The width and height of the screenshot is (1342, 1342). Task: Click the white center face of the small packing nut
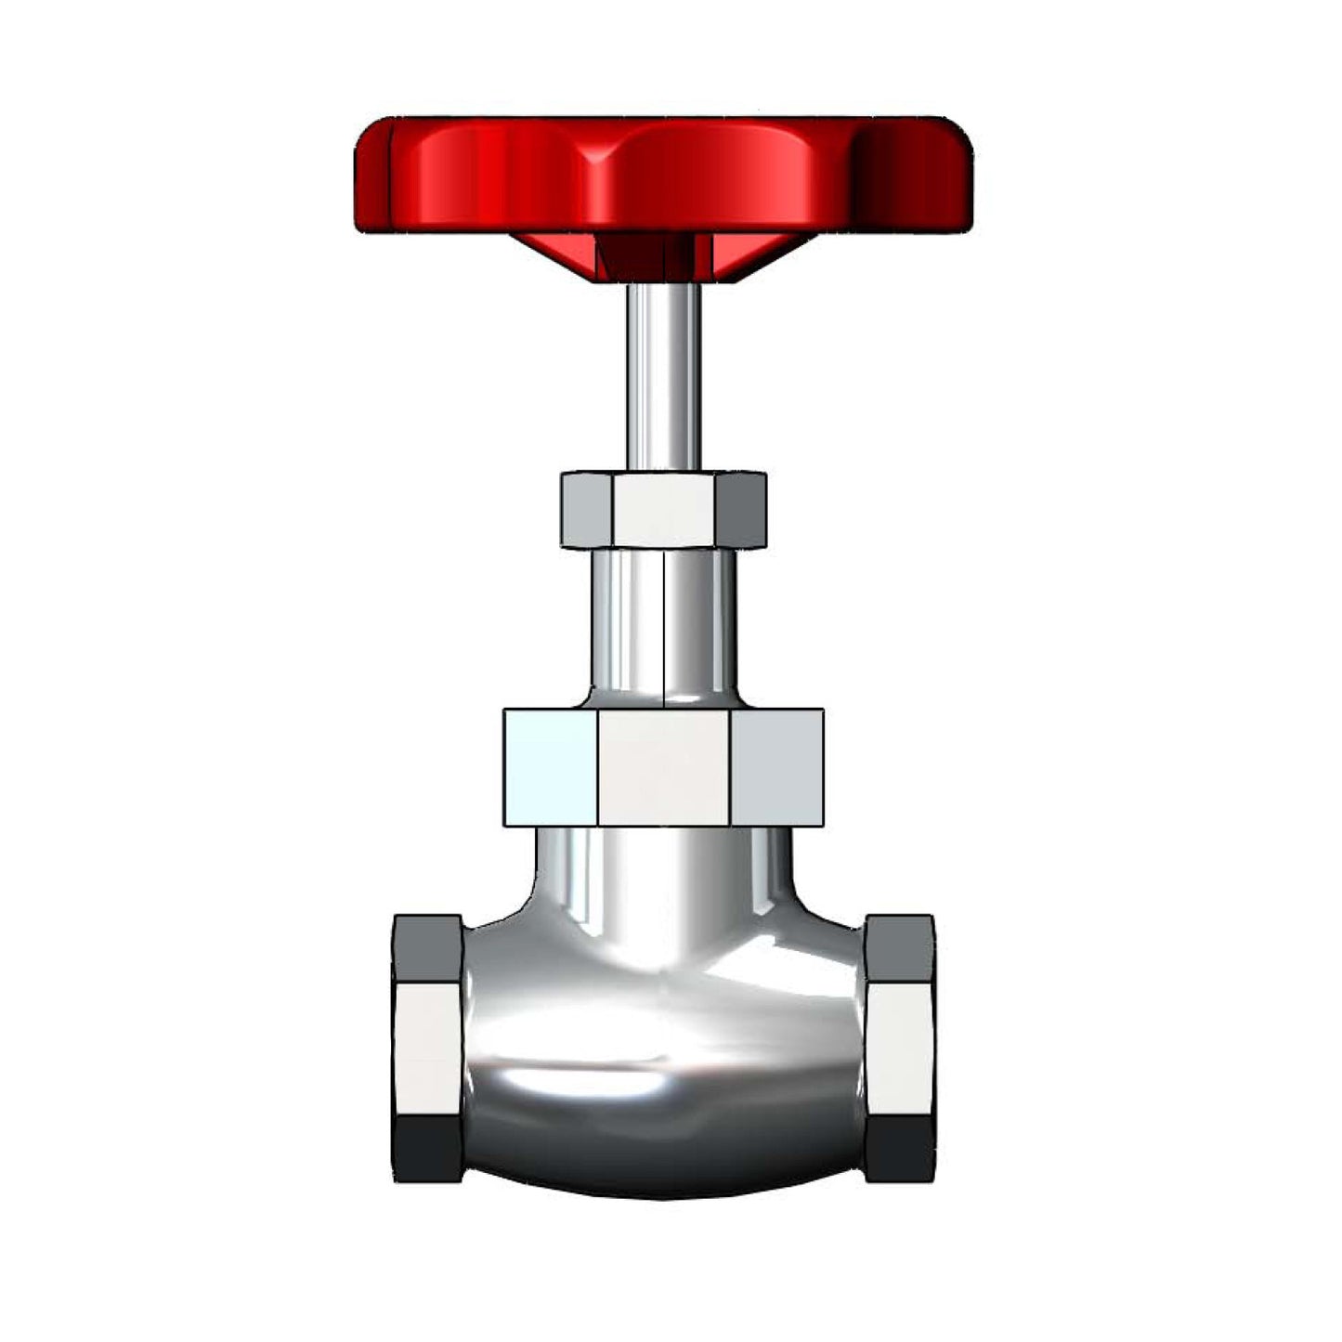[x=663, y=510]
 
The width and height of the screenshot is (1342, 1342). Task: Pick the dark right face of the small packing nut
[x=740, y=510]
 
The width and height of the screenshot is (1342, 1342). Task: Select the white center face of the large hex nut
[x=663, y=767]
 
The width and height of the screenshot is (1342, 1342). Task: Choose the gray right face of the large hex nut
[x=776, y=767]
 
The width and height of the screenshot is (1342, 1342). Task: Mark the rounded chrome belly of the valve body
[x=663, y=1068]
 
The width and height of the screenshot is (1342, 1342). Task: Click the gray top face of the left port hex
[x=428, y=948]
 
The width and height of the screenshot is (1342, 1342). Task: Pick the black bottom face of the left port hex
[x=428, y=1148]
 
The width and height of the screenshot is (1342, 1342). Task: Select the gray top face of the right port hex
[x=899, y=948]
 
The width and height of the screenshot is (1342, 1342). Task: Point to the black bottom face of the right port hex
[x=899, y=1148]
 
